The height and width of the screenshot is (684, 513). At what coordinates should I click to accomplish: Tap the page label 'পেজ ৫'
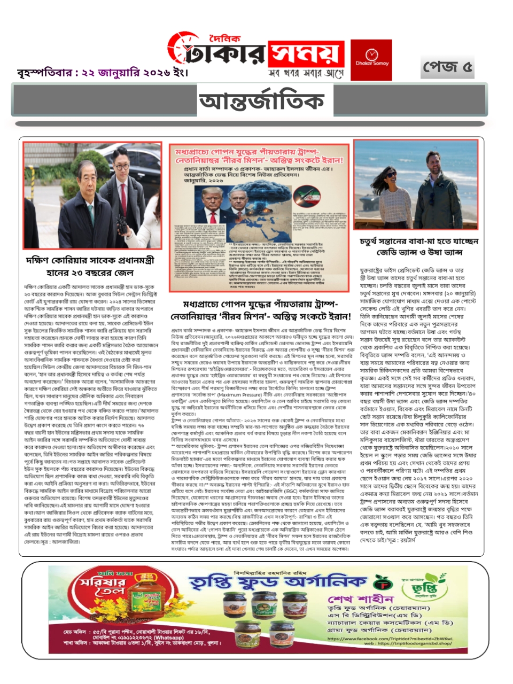coord(447,67)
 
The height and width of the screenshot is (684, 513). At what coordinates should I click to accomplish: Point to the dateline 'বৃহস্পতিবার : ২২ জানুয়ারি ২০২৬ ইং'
coord(103,72)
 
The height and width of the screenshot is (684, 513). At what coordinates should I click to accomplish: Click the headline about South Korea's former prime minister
coord(90,266)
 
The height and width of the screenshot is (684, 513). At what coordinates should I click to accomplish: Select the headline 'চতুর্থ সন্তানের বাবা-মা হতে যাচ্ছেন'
coord(419,242)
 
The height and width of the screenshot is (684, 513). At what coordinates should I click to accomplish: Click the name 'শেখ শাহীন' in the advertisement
coord(361,598)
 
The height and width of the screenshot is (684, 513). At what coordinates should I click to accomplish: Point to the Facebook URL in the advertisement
coord(390,639)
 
